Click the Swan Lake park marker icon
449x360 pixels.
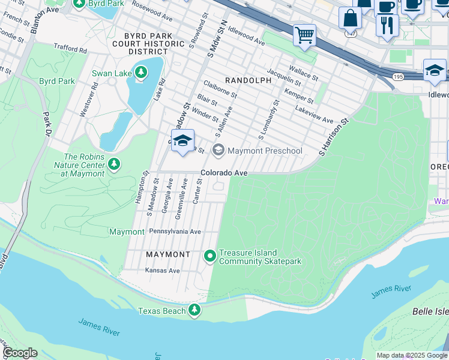141,73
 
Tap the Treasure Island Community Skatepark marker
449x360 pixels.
210,256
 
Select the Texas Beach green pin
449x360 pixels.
194,310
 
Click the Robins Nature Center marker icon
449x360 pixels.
114,164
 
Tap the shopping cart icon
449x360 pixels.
304,35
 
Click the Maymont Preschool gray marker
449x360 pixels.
218,151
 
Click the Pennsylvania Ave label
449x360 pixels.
175,231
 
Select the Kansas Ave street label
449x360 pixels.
163,271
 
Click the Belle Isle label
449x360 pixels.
430,311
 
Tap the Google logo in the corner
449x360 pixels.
19,353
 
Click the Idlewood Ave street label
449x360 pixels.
246,35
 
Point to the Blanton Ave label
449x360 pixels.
44,10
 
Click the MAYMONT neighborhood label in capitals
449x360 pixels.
168,254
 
